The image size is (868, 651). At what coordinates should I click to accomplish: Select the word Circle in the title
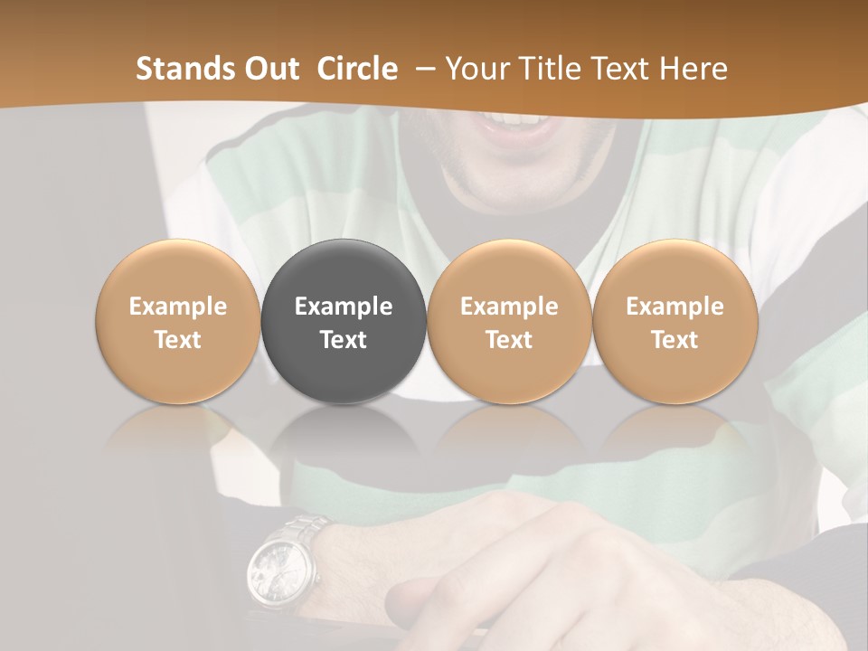[x=357, y=69]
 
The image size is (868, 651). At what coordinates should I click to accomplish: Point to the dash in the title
[x=422, y=69]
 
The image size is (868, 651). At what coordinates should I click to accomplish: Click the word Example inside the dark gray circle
[x=344, y=307]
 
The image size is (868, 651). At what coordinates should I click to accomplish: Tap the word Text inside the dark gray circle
[x=344, y=340]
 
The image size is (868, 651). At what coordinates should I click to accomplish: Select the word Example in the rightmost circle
[x=675, y=307]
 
